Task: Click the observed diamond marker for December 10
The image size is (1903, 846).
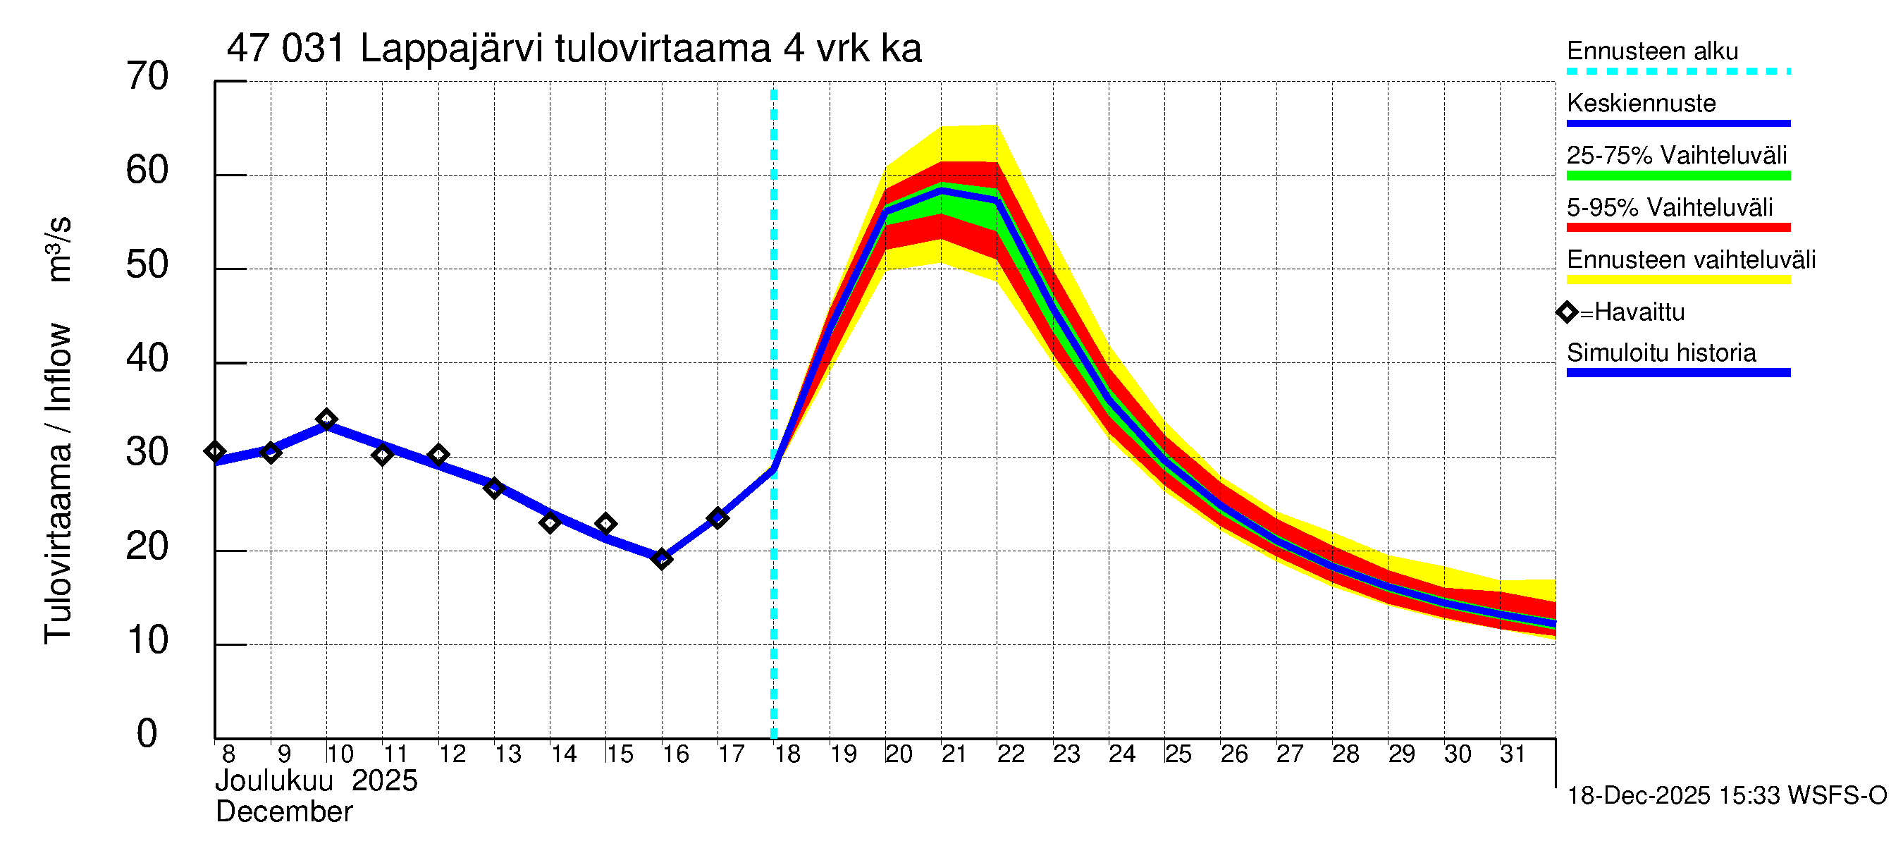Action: tap(326, 419)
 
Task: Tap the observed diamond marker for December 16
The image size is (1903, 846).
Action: tap(662, 559)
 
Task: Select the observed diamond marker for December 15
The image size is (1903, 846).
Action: tap(605, 524)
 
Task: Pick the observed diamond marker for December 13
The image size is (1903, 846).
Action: tap(494, 488)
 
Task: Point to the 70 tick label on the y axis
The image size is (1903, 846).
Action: tap(147, 77)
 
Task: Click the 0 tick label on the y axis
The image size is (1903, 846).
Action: tap(147, 734)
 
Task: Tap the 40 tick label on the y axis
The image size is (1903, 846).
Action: tap(147, 358)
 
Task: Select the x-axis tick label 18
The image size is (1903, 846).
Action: tap(787, 754)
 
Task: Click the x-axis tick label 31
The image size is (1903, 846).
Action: tap(1513, 754)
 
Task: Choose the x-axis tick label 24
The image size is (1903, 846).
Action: tap(1122, 754)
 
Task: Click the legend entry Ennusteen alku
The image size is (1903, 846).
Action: tap(1652, 51)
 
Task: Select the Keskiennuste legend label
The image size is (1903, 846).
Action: tap(1641, 104)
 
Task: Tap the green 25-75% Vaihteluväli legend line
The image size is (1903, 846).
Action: tap(1677, 176)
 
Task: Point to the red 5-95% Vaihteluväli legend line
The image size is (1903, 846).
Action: tap(1677, 228)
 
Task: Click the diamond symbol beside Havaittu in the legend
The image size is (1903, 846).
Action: tap(1567, 312)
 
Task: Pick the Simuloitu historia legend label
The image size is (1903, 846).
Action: tap(1661, 353)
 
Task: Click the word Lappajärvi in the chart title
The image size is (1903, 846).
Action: tap(451, 49)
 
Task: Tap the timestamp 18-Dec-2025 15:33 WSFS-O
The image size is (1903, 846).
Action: tap(1726, 796)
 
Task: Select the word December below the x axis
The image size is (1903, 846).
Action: tap(283, 812)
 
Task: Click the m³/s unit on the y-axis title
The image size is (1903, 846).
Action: tap(59, 249)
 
